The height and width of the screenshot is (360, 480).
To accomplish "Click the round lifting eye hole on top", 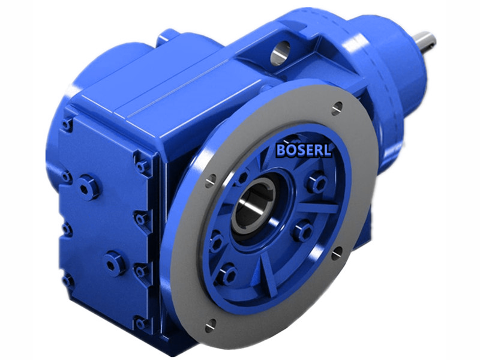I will click(x=280, y=54).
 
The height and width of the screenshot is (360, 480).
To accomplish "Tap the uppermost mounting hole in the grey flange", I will click(x=337, y=108).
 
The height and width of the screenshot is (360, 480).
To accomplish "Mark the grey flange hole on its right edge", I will click(x=337, y=252).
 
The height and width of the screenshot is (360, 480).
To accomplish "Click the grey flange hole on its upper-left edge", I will click(x=209, y=181).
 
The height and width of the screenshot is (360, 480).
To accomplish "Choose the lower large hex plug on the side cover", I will click(x=114, y=262).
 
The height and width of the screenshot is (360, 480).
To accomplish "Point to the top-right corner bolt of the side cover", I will click(x=142, y=164).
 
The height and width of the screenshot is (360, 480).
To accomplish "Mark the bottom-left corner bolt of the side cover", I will click(x=67, y=280).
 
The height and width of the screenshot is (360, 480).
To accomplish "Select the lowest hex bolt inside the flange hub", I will click(x=227, y=274).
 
